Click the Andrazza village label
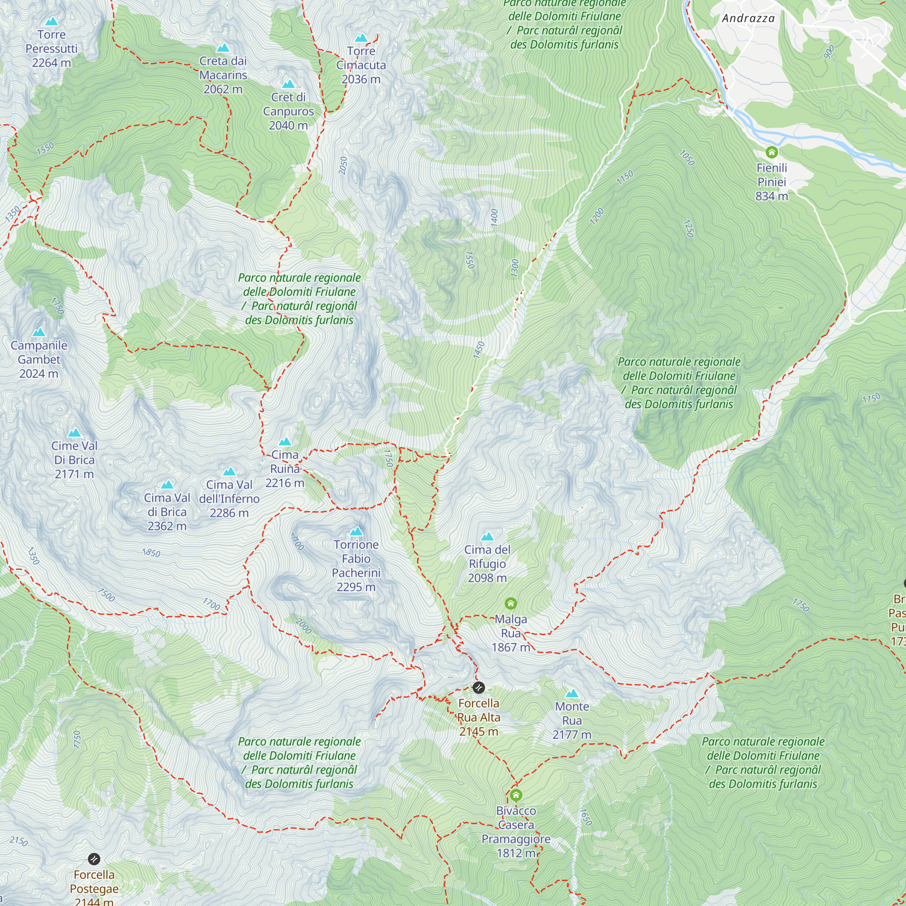pyautogui.click(x=748, y=18)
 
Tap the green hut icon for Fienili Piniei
pyautogui.click(x=771, y=152)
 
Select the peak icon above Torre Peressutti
pyautogui.click(x=52, y=22)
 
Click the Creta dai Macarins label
pyautogui.click(x=223, y=75)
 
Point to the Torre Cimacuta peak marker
pyautogui.click(x=361, y=38)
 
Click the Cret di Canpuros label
pyautogui.click(x=288, y=111)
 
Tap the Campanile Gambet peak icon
pyautogui.click(x=39, y=333)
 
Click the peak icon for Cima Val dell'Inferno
pyautogui.click(x=229, y=471)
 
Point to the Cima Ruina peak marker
pyautogui.click(x=285, y=442)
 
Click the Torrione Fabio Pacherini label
pyautogui.click(x=356, y=565)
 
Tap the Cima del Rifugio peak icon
pyautogui.click(x=487, y=536)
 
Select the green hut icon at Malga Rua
pyautogui.click(x=511, y=603)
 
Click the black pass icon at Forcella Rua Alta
pyautogui.click(x=478, y=688)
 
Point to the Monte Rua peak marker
pyautogui.click(x=572, y=694)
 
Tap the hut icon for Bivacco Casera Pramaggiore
pyautogui.click(x=516, y=795)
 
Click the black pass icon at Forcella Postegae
pyautogui.click(x=94, y=859)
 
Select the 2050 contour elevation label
pyautogui.click(x=343, y=166)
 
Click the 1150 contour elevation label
pyautogui.click(x=625, y=178)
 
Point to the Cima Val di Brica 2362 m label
pyautogui.click(x=167, y=511)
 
